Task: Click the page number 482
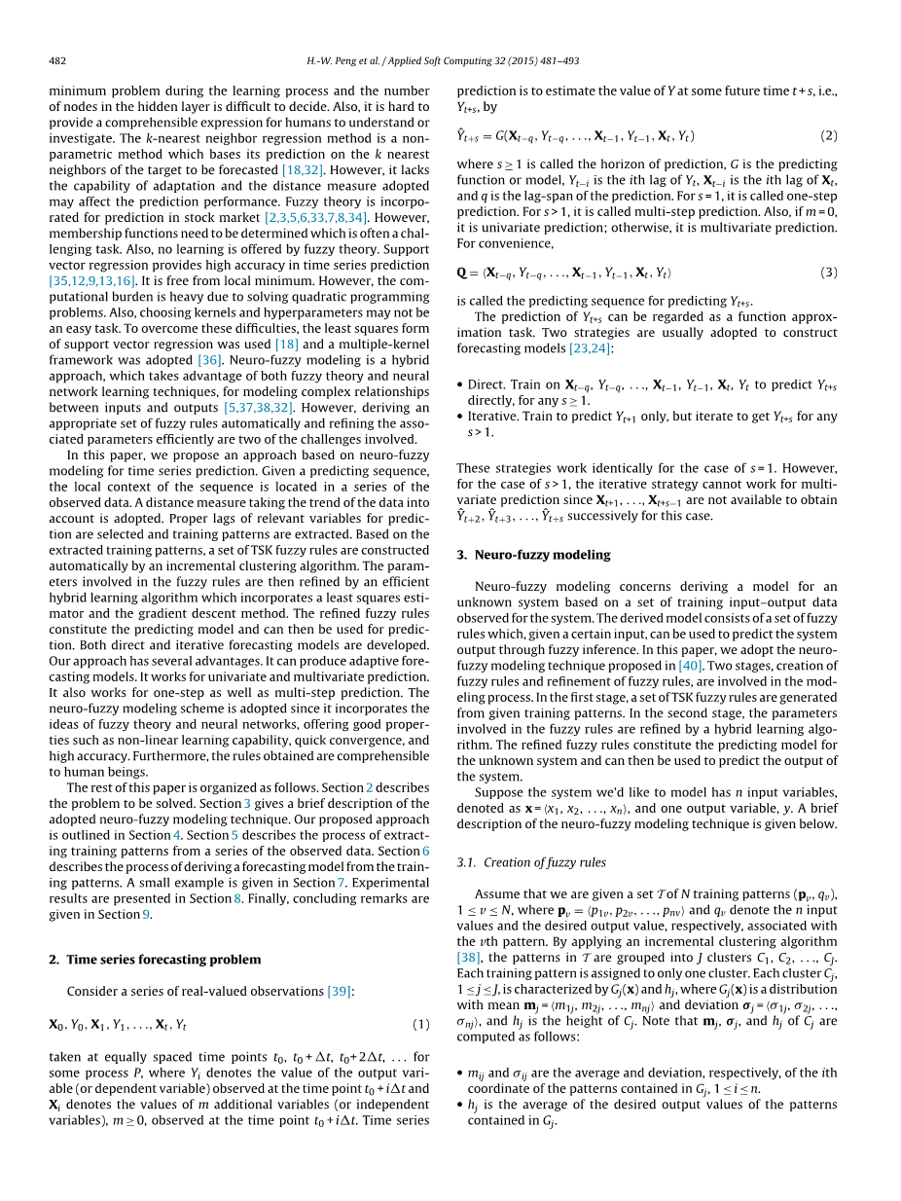[57, 60]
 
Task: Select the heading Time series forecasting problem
[163, 959]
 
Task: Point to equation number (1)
[420, 1024]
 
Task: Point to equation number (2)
[828, 136]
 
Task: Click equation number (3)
[828, 273]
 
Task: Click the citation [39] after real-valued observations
[340, 991]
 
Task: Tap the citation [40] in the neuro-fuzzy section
[690, 666]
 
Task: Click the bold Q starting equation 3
[462, 273]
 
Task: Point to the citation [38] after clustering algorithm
[469, 958]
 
